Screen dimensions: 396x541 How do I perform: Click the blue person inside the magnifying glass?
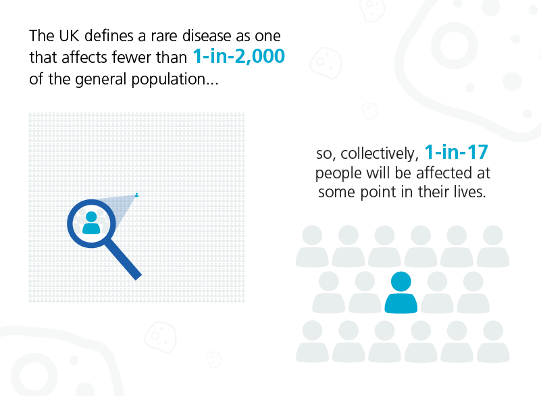91,222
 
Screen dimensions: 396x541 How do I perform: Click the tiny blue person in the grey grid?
137,195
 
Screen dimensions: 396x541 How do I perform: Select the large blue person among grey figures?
401,293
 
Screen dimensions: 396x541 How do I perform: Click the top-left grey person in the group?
312,245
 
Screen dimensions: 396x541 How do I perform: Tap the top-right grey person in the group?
493,245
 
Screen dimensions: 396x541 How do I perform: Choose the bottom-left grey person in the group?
312,341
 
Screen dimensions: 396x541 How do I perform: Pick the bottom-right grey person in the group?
493,341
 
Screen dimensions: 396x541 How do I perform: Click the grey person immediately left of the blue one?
365,293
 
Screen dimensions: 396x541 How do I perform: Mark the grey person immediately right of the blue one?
438,293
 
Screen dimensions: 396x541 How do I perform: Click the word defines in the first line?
101,35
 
